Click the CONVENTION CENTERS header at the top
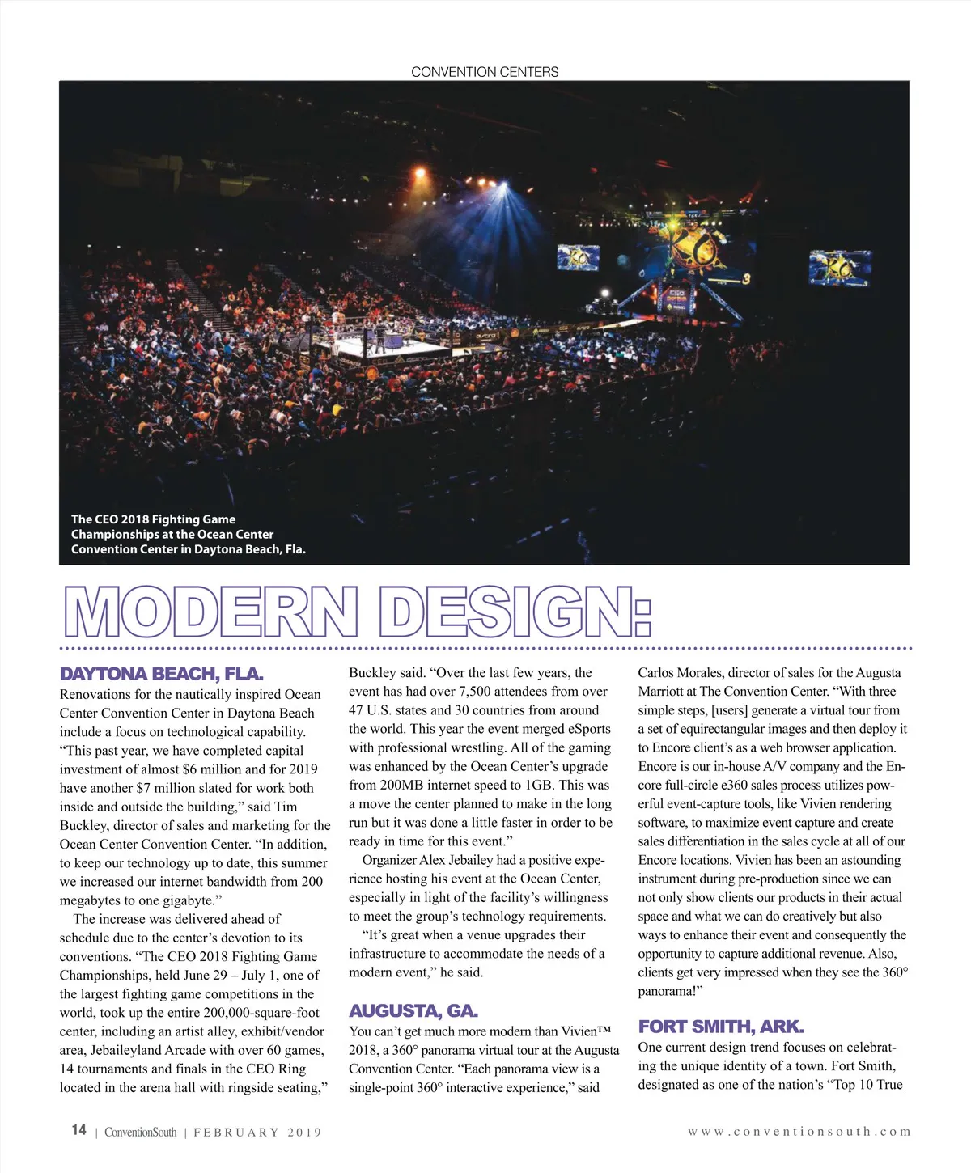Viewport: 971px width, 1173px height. click(x=485, y=72)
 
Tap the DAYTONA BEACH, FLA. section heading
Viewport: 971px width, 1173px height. click(x=161, y=674)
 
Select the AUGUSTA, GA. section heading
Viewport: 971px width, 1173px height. click(x=413, y=1010)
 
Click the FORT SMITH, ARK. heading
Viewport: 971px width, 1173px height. click(x=720, y=1027)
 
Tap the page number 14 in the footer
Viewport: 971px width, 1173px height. click(x=78, y=1130)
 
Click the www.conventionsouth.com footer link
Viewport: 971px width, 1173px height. click(x=799, y=1132)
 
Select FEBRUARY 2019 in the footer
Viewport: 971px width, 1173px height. click(x=257, y=1133)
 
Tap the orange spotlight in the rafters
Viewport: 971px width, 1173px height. click(x=419, y=172)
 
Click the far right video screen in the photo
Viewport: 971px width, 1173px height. click(x=839, y=267)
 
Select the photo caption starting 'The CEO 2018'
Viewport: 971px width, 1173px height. click(x=188, y=534)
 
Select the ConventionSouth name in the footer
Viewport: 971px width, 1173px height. click(x=140, y=1133)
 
